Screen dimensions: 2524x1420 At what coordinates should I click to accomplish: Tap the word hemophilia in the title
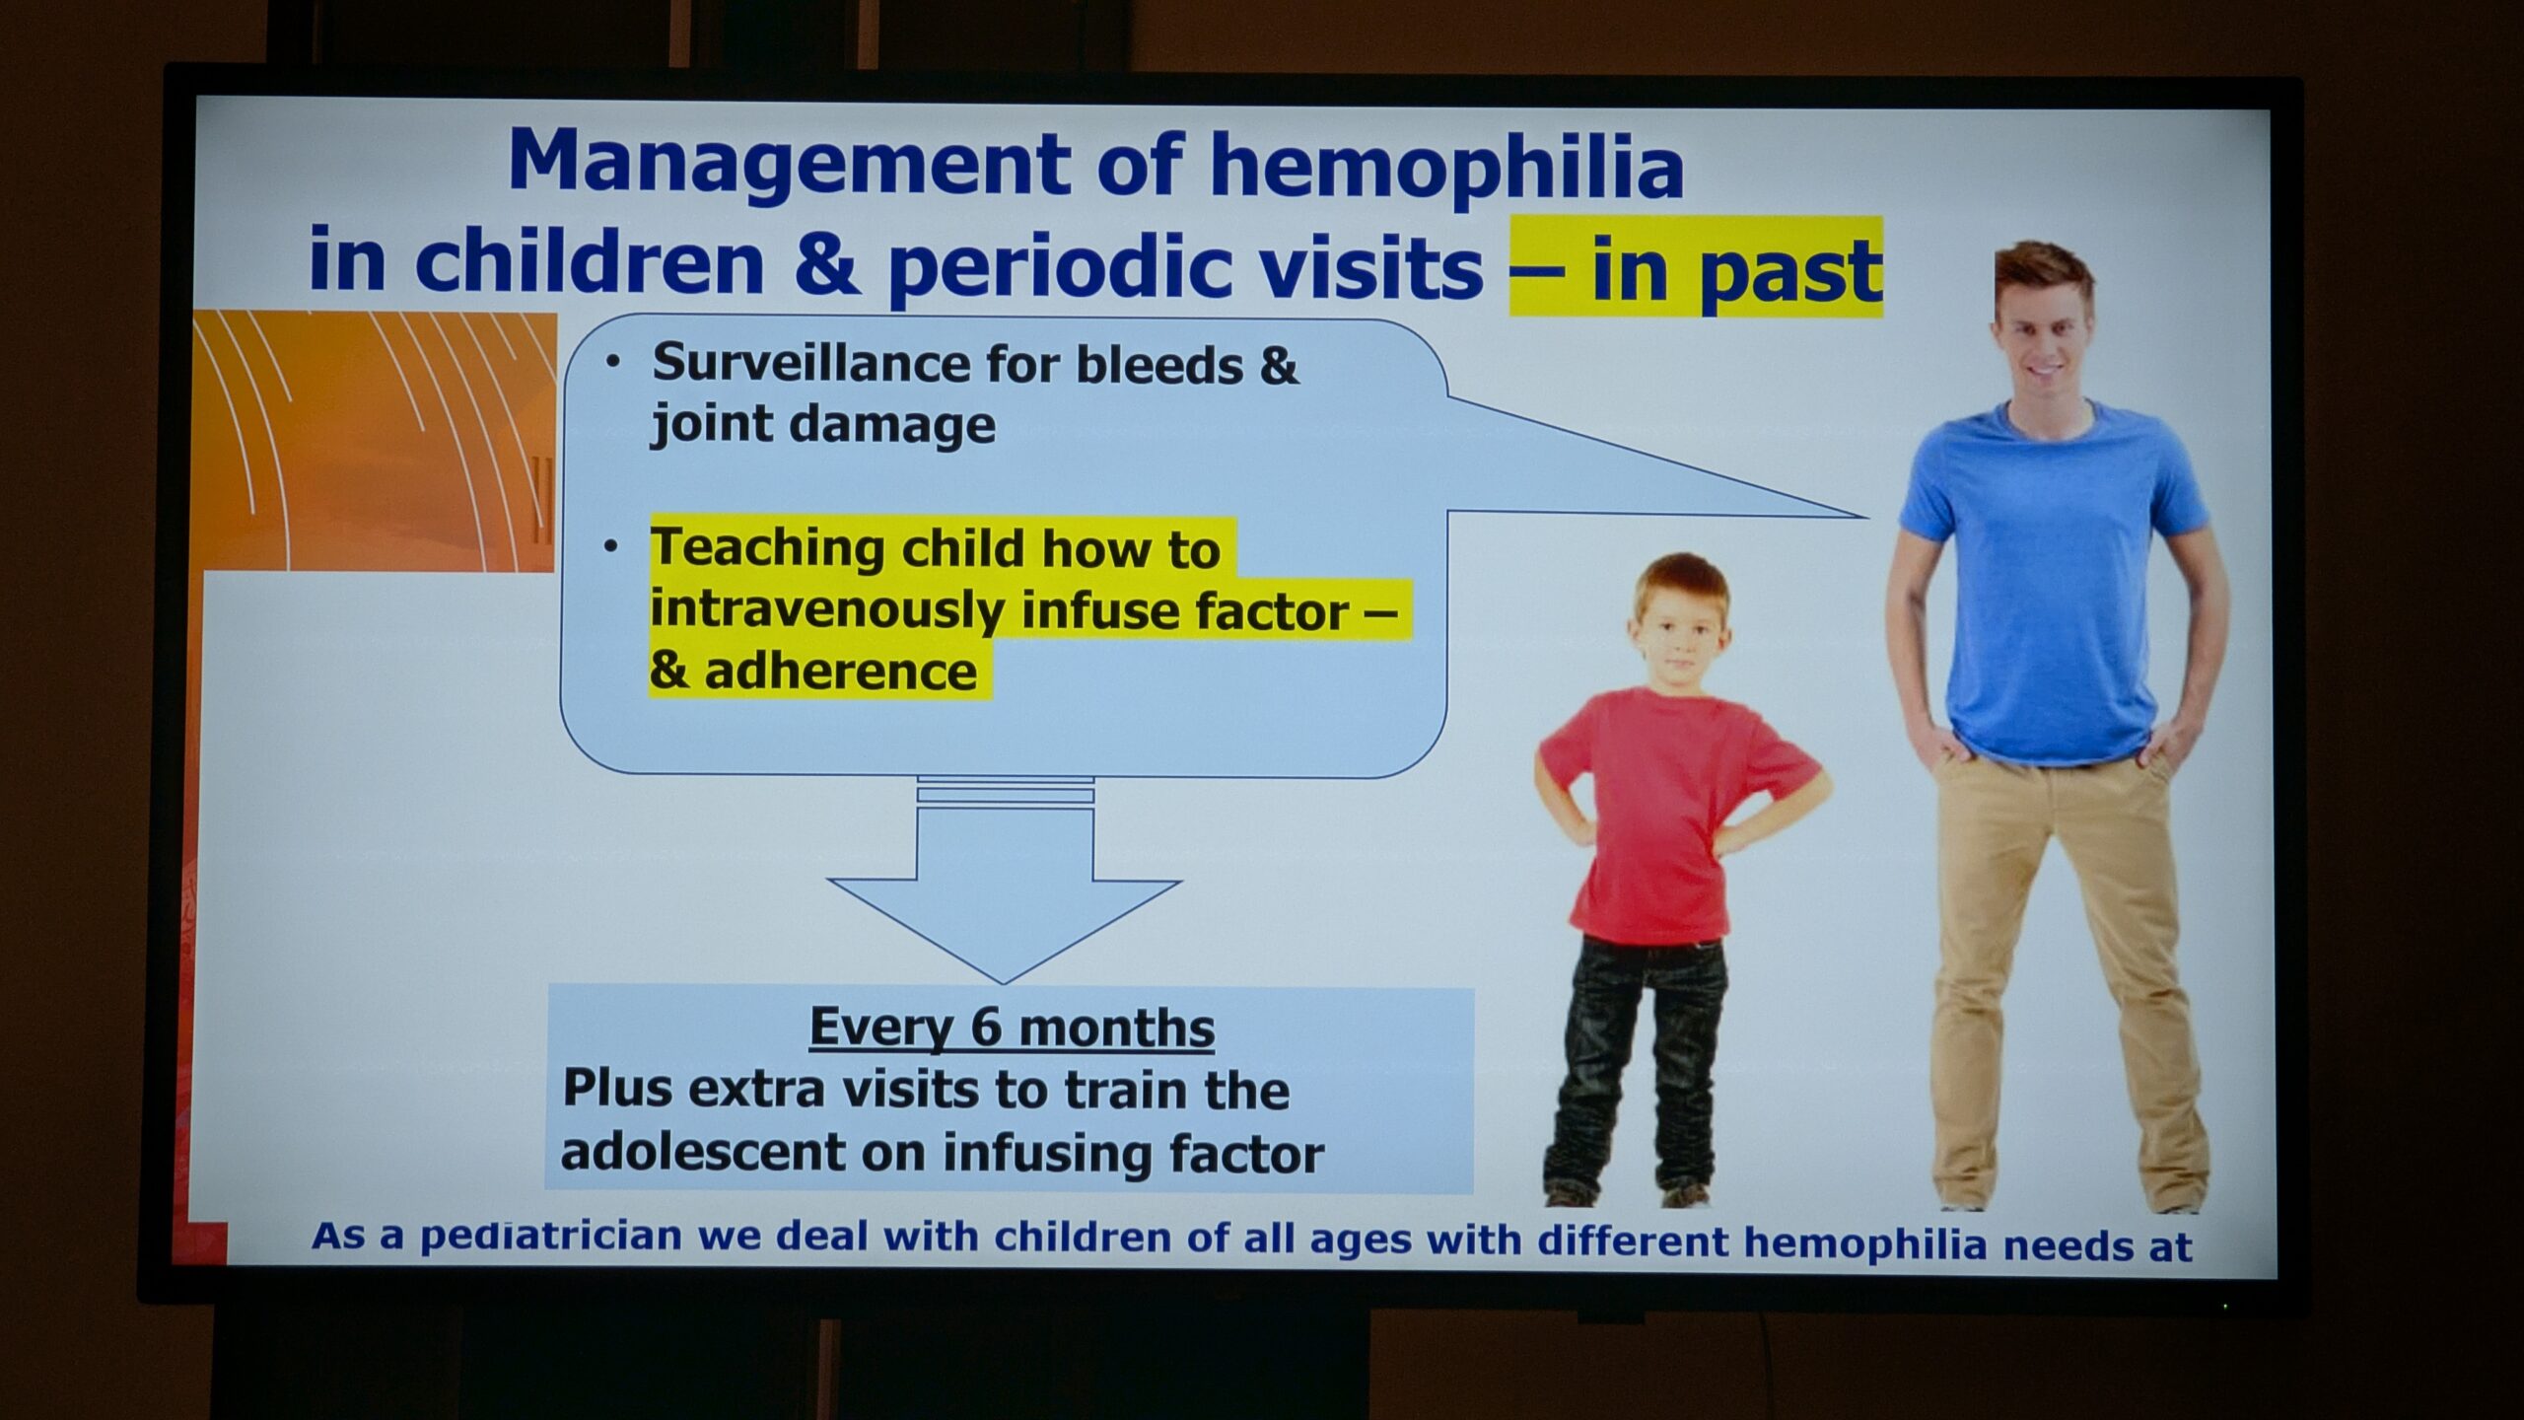tap(1446, 168)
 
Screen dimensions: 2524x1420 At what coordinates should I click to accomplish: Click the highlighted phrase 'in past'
tap(1735, 269)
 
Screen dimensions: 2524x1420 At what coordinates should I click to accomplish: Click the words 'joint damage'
tap(823, 425)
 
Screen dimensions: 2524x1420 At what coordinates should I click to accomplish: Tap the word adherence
tap(840, 673)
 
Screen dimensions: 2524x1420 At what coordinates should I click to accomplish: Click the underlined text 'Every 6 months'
tap(1012, 1029)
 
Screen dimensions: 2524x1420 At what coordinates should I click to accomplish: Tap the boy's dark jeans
tap(1638, 1065)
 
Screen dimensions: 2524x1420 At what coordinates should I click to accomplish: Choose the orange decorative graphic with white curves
tap(375, 442)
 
